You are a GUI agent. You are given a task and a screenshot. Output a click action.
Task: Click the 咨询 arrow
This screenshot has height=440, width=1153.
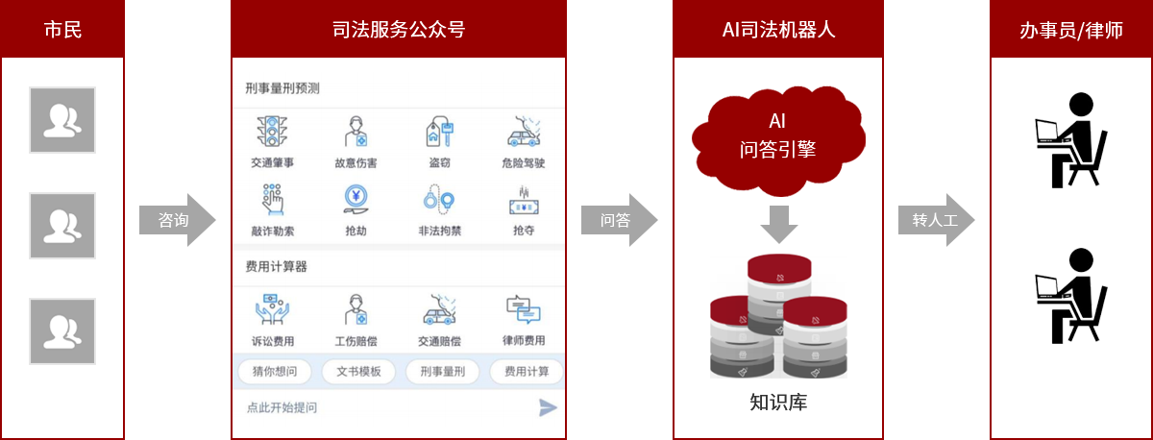(177, 220)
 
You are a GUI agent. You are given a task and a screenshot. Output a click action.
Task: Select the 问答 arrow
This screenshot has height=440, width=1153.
(619, 220)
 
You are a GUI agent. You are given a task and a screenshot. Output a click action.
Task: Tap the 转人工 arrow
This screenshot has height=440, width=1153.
(936, 220)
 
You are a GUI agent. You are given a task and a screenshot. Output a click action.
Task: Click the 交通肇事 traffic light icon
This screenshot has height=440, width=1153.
(272, 132)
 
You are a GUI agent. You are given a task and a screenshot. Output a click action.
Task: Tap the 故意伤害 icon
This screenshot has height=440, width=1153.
(356, 132)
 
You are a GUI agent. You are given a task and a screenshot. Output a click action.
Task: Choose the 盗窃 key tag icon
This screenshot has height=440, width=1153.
(440, 132)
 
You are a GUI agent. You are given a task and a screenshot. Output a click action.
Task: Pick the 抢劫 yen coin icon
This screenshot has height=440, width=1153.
(356, 199)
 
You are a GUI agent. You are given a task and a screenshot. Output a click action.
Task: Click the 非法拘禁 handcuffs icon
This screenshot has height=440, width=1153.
(439, 200)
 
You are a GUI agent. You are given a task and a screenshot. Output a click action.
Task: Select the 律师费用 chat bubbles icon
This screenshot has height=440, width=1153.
(524, 309)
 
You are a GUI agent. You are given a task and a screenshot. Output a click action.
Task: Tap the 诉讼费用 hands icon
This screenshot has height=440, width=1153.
(272, 309)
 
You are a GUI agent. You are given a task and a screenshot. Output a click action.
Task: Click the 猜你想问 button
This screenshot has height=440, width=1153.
(275, 372)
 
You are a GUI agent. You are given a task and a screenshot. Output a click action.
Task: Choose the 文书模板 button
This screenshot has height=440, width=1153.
(358, 372)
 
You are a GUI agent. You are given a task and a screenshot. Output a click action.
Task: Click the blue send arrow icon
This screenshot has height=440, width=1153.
(547, 407)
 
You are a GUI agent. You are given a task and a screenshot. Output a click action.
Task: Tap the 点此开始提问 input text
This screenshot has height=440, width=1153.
(282, 407)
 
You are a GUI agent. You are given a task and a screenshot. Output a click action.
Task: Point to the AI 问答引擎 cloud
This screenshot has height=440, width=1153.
(778, 140)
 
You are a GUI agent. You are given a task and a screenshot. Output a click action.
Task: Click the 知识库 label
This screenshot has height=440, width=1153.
(778, 403)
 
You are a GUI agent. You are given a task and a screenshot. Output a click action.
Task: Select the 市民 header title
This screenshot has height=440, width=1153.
(62, 30)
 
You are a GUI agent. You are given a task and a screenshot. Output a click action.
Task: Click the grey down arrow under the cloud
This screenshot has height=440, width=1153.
(779, 225)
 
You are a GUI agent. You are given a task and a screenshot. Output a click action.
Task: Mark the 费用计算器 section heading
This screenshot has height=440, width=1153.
(277, 266)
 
